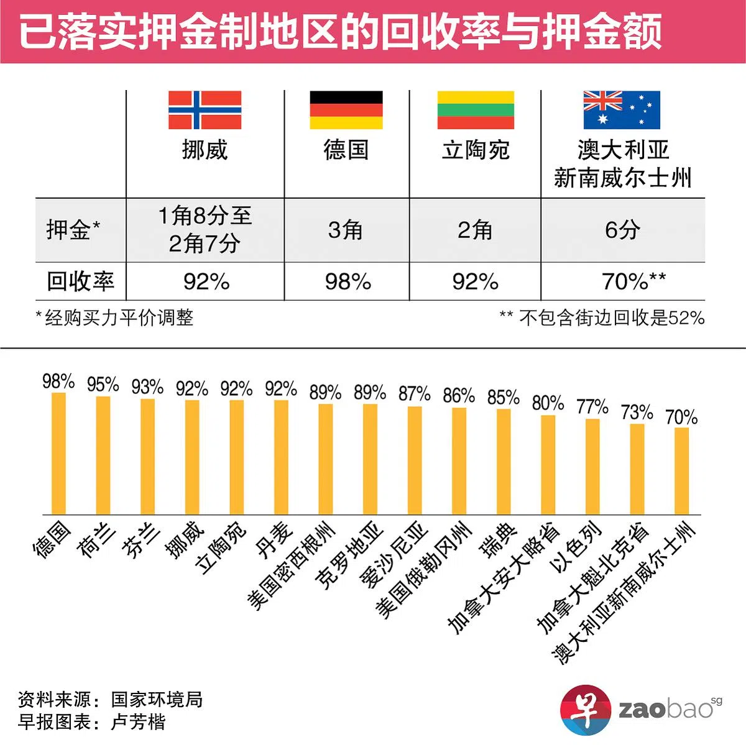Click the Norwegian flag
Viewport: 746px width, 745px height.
coord(205,110)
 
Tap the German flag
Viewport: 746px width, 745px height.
coord(346,110)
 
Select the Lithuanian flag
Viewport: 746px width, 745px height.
coord(476,110)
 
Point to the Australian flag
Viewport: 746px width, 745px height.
coord(621,110)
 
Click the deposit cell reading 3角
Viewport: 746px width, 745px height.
coord(346,230)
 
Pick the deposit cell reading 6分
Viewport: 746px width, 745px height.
coord(622,230)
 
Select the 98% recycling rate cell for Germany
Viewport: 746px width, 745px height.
coord(348,281)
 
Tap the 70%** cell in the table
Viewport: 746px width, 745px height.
coord(633,281)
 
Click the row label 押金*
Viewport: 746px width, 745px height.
coord(73,230)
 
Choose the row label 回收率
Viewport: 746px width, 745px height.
coord(80,281)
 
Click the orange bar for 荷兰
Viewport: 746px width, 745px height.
coord(103,455)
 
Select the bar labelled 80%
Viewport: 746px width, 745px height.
coord(548,464)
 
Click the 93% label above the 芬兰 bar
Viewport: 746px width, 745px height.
coord(147,387)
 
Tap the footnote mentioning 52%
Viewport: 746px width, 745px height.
coord(602,318)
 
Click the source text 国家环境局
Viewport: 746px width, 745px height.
coord(157,700)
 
